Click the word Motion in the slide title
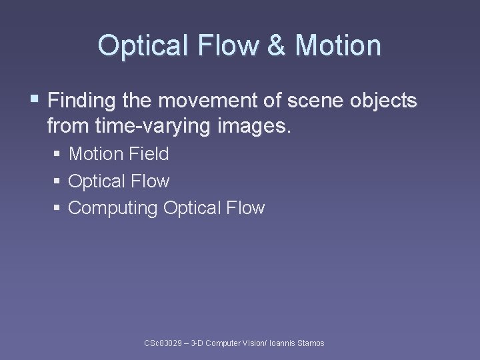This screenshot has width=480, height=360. pos(338,46)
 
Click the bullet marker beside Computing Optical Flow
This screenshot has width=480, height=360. pos(58,208)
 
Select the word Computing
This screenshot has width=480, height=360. pos(113,208)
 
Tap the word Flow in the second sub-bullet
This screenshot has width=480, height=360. pos(151,181)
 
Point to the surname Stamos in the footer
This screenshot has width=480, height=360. pos(311,343)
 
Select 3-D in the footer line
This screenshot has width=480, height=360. pos(198,343)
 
